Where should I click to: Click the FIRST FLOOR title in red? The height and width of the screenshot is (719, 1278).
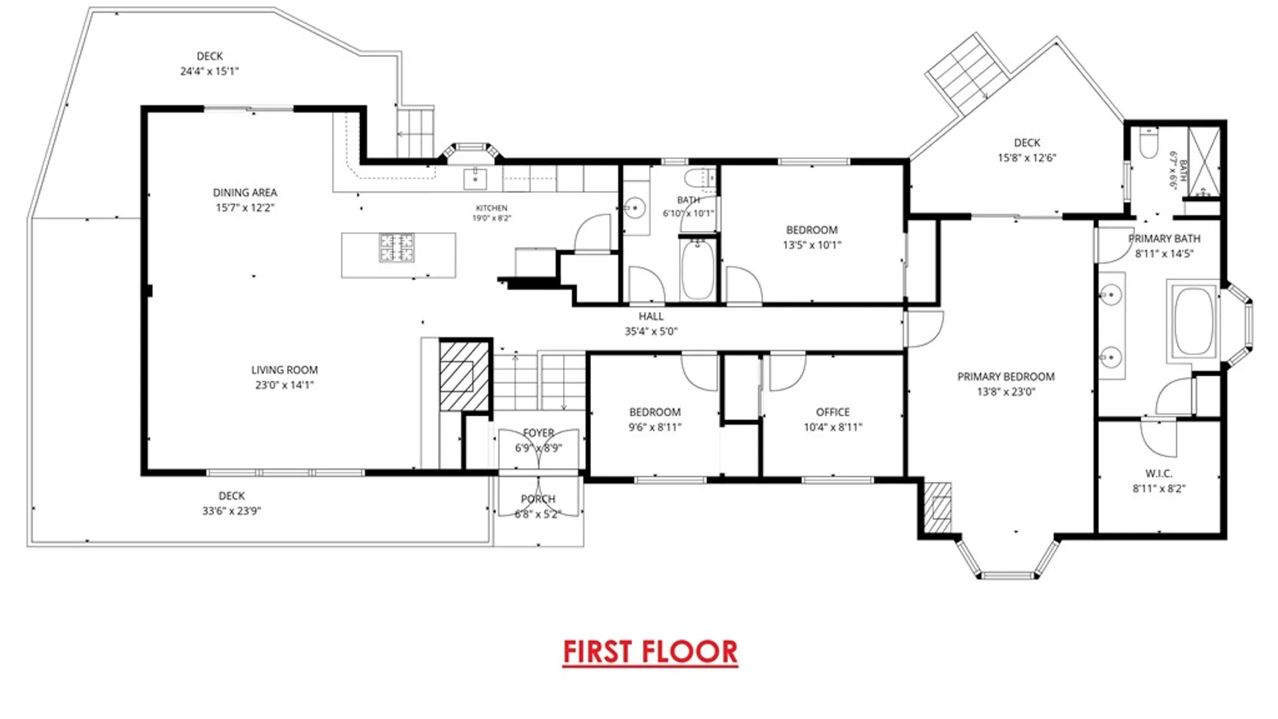[650, 652]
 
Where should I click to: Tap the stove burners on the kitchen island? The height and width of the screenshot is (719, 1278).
[397, 247]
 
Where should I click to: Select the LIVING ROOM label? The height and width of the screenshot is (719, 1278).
[284, 370]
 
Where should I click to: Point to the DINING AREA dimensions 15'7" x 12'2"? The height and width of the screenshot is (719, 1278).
[245, 208]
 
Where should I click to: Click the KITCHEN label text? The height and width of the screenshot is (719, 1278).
[492, 208]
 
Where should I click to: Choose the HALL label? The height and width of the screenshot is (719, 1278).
[651, 317]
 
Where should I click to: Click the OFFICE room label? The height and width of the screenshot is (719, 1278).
[833, 413]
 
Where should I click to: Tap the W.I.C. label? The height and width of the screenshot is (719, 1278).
[1159, 474]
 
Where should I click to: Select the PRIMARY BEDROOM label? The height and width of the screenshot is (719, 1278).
[1006, 377]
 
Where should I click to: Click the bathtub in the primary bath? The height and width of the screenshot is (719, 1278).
[1193, 322]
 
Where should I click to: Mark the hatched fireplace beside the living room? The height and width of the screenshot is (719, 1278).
[464, 376]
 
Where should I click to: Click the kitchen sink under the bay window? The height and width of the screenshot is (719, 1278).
[475, 179]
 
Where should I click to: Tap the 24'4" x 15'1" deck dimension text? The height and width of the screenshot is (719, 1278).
[210, 71]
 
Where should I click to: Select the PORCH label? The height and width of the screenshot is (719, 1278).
[538, 499]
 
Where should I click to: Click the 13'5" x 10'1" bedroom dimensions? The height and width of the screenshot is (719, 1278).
[812, 245]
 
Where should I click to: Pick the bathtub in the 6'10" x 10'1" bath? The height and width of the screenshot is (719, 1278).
[698, 269]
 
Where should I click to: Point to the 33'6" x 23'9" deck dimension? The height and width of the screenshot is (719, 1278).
[232, 511]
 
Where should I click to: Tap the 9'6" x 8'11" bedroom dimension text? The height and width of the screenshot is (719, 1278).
[655, 427]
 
